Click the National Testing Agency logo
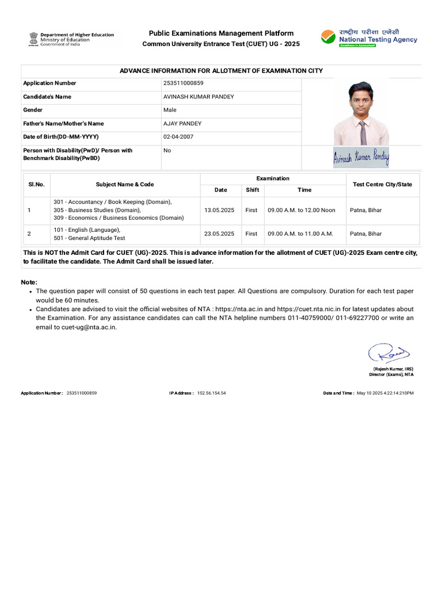tap(369, 37)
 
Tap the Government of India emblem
tap(33, 39)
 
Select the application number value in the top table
tap(183, 83)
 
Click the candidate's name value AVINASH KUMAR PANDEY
tap(199, 97)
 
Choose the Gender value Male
tap(170, 110)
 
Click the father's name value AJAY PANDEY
tap(182, 124)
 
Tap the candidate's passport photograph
tap(361, 113)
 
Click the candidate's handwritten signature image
tap(361, 157)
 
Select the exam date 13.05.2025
tap(219, 211)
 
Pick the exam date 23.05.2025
tap(219, 234)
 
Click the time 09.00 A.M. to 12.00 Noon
tap(301, 211)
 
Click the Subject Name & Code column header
tap(125, 185)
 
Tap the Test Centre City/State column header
tap(382, 185)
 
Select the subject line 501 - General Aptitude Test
tap(89, 238)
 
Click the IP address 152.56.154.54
tap(211, 393)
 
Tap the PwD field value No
tap(167, 151)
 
